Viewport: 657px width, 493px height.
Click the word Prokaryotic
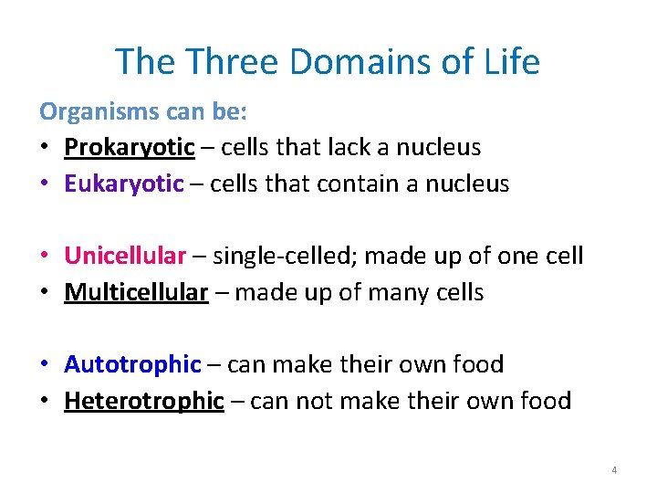(130, 147)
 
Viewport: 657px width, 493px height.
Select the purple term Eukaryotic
(124, 184)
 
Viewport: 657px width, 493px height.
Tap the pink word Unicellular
(125, 256)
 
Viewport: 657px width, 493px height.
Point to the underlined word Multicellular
(136, 292)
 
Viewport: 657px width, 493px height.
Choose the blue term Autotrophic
(132, 364)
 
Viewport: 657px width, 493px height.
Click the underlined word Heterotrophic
(144, 401)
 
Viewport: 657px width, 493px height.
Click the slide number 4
(614, 470)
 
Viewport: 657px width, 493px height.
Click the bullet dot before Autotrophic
(46, 365)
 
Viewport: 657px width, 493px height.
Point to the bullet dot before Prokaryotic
(46, 148)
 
